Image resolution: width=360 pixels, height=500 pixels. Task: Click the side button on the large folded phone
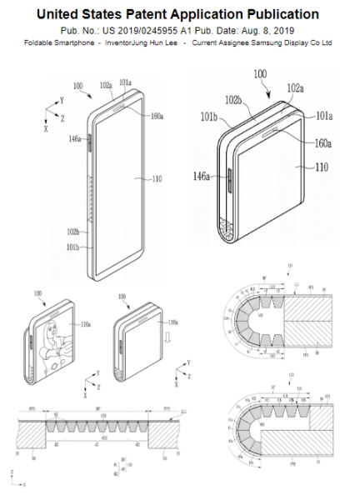(x=226, y=177)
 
